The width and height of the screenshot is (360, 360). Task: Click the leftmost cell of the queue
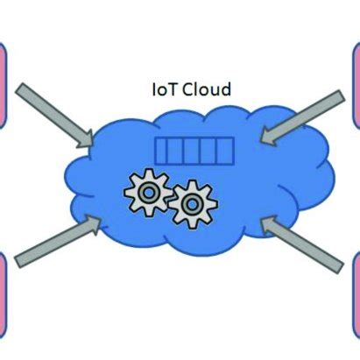163,151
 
